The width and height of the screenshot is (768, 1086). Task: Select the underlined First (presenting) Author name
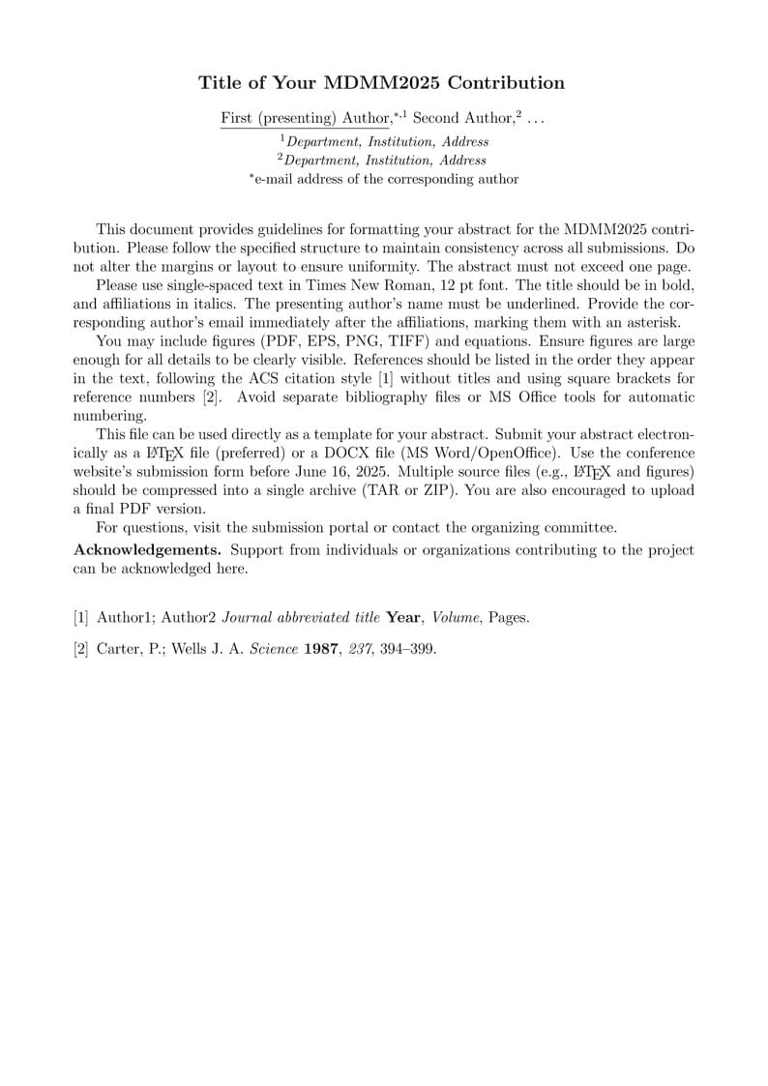(x=305, y=118)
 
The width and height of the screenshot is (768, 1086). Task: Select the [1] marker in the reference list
(x=81, y=617)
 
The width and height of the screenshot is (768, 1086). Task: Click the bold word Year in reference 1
(x=403, y=617)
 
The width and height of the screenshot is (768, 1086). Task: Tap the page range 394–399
(x=410, y=649)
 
